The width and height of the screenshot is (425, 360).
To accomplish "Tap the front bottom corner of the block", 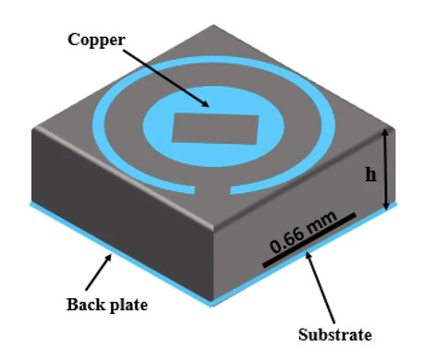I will coord(215,303).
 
